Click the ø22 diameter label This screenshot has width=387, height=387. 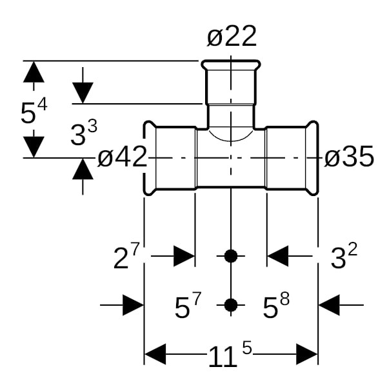[x=232, y=36]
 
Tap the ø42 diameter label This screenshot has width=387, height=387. [x=123, y=157]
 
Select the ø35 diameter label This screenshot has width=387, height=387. [x=349, y=157]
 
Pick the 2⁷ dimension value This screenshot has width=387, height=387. [x=126, y=256]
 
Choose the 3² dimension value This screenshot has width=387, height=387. [x=344, y=256]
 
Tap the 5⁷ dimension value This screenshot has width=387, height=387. [x=188, y=305]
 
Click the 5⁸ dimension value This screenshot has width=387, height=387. [x=276, y=305]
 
